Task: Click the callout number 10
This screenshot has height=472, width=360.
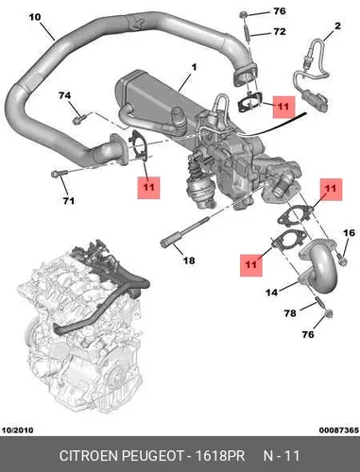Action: coord(35,17)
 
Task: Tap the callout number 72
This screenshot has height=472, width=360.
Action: coord(280,31)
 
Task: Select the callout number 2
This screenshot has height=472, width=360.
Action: coord(337,25)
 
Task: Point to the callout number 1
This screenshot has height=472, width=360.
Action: coord(194,67)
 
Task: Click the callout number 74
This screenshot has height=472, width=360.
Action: coord(65,95)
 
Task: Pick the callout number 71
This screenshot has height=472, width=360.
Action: coord(68,200)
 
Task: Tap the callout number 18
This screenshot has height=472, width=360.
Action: coord(189,261)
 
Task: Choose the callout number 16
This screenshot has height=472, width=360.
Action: coord(349,233)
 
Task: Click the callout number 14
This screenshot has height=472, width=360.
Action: coord(272,293)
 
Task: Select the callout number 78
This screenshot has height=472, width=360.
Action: coord(290,313)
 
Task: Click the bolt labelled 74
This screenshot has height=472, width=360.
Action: coord(78,120)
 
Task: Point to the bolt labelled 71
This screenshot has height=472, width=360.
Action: coord(59,173)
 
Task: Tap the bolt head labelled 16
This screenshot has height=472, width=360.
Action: coord(343,260)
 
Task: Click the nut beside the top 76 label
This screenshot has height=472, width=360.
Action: coord(243,14)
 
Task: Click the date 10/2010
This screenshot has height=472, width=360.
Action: coord(18,430)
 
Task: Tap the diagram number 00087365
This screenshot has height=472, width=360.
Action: coord(339,430)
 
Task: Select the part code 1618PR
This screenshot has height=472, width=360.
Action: coord(220,456)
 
